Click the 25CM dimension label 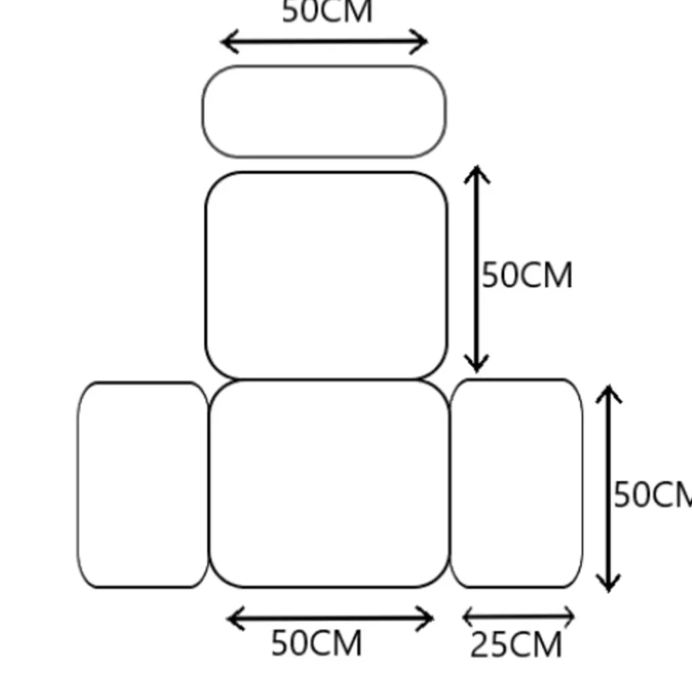pyautogui.click(x=516, y=645)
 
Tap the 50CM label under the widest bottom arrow pyautogui.click(x=316, y=642)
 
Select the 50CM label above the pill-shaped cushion pyautogui.click(x=327, y=12)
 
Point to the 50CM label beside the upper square pyautogui.click(x=527, y=275)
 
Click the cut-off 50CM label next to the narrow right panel pyautogui.click(x=653, y=495)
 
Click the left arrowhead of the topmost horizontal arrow pyautogui.click(x=223, y=42)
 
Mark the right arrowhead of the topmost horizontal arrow pyautogui.click(x=426, y=42)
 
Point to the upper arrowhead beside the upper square pyautogui.click(x=477, y=168)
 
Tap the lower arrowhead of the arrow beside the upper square pyautogui.click(x=476, y=370)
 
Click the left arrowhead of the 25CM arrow pyautogui.click(x=464, y=616)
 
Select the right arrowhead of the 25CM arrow pyautogui.click(x=573, y=616)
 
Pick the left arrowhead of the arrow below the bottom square pyautogui.click(x=229, y=618)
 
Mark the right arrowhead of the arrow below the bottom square pyautogui.click(x=432, y=618)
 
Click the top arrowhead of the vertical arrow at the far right pyautogui.click(x=609, y=387)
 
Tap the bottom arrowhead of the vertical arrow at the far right pyautogui.click(x=609, y=590)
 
